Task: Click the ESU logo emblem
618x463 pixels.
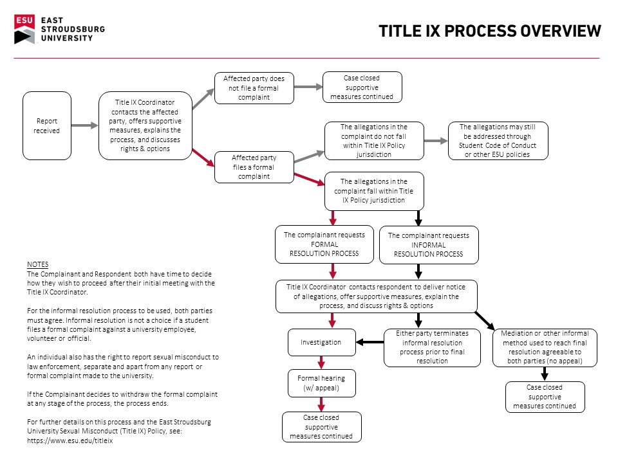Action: coord(24,29)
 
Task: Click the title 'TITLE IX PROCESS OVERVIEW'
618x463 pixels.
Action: coord(490,31)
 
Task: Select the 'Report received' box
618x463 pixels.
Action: coord(47,125)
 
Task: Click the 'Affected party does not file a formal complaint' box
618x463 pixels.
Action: coord(254,88)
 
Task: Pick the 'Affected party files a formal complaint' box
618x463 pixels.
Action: coord(254,167)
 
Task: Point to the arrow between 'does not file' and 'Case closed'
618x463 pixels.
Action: coord(308,87)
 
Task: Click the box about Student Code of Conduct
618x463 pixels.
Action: coord(498,141)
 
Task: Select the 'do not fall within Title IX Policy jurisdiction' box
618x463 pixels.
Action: coord(374,141)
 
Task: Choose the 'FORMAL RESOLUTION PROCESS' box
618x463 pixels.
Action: coord(324,244)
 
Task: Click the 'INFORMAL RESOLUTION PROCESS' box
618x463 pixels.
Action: coord(429,245)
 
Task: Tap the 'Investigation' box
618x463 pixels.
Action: coord(322,343)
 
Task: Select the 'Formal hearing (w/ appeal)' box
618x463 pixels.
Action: coord(322,383)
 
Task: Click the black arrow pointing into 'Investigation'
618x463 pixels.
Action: coord(370,342)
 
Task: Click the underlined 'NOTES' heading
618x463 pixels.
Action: coord(38,264)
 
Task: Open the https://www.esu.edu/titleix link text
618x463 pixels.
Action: coord(70,440)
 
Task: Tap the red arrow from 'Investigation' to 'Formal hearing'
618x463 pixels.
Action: coord(322,363)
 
